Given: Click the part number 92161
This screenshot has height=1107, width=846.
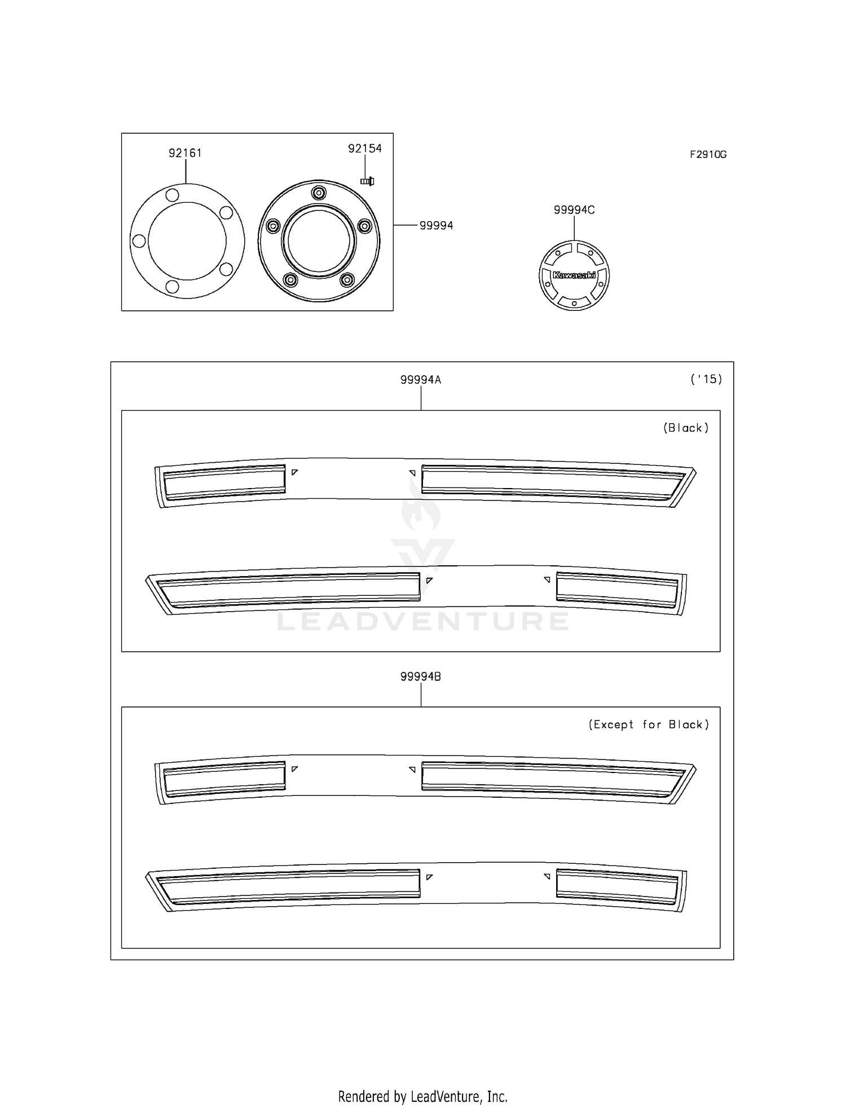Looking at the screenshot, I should (x=185, y=153).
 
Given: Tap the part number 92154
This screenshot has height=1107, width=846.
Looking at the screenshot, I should (x=365, y=148).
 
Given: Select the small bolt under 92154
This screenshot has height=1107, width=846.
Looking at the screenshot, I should (x=367, y=181).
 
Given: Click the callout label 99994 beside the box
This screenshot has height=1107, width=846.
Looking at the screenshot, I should (x=436, y=226).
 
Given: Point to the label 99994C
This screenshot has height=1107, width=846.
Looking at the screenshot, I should (x=574, y=210).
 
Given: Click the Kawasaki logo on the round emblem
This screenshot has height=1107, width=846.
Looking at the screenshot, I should (x=574, y=275).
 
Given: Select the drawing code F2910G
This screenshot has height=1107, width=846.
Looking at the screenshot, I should (x=708, y=155).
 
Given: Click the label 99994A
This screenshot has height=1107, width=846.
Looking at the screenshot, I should (x=421, y=380).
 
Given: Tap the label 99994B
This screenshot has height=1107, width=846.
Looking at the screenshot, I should (x=421, y=676).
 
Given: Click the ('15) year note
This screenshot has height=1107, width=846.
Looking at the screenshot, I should (x=706, y=379).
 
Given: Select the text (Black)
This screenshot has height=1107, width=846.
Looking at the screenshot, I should (x=686, y=428).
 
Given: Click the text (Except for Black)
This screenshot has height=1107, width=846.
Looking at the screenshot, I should (x=649, y=724).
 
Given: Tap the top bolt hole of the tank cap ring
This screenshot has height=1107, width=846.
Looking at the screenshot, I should (x=319, y=193).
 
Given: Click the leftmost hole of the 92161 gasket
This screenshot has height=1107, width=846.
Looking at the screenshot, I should (x=138, y=241).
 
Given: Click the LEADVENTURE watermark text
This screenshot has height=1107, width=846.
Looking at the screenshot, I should (x=423, y=621).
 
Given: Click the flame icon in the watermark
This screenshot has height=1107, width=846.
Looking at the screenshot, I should (x=420, y=505).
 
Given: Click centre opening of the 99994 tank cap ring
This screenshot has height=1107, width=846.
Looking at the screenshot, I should (x=319, y=241).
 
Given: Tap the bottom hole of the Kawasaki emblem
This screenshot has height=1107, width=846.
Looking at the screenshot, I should (x=574, y=304).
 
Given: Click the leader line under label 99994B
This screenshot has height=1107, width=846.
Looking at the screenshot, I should (x=421, y=695).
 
